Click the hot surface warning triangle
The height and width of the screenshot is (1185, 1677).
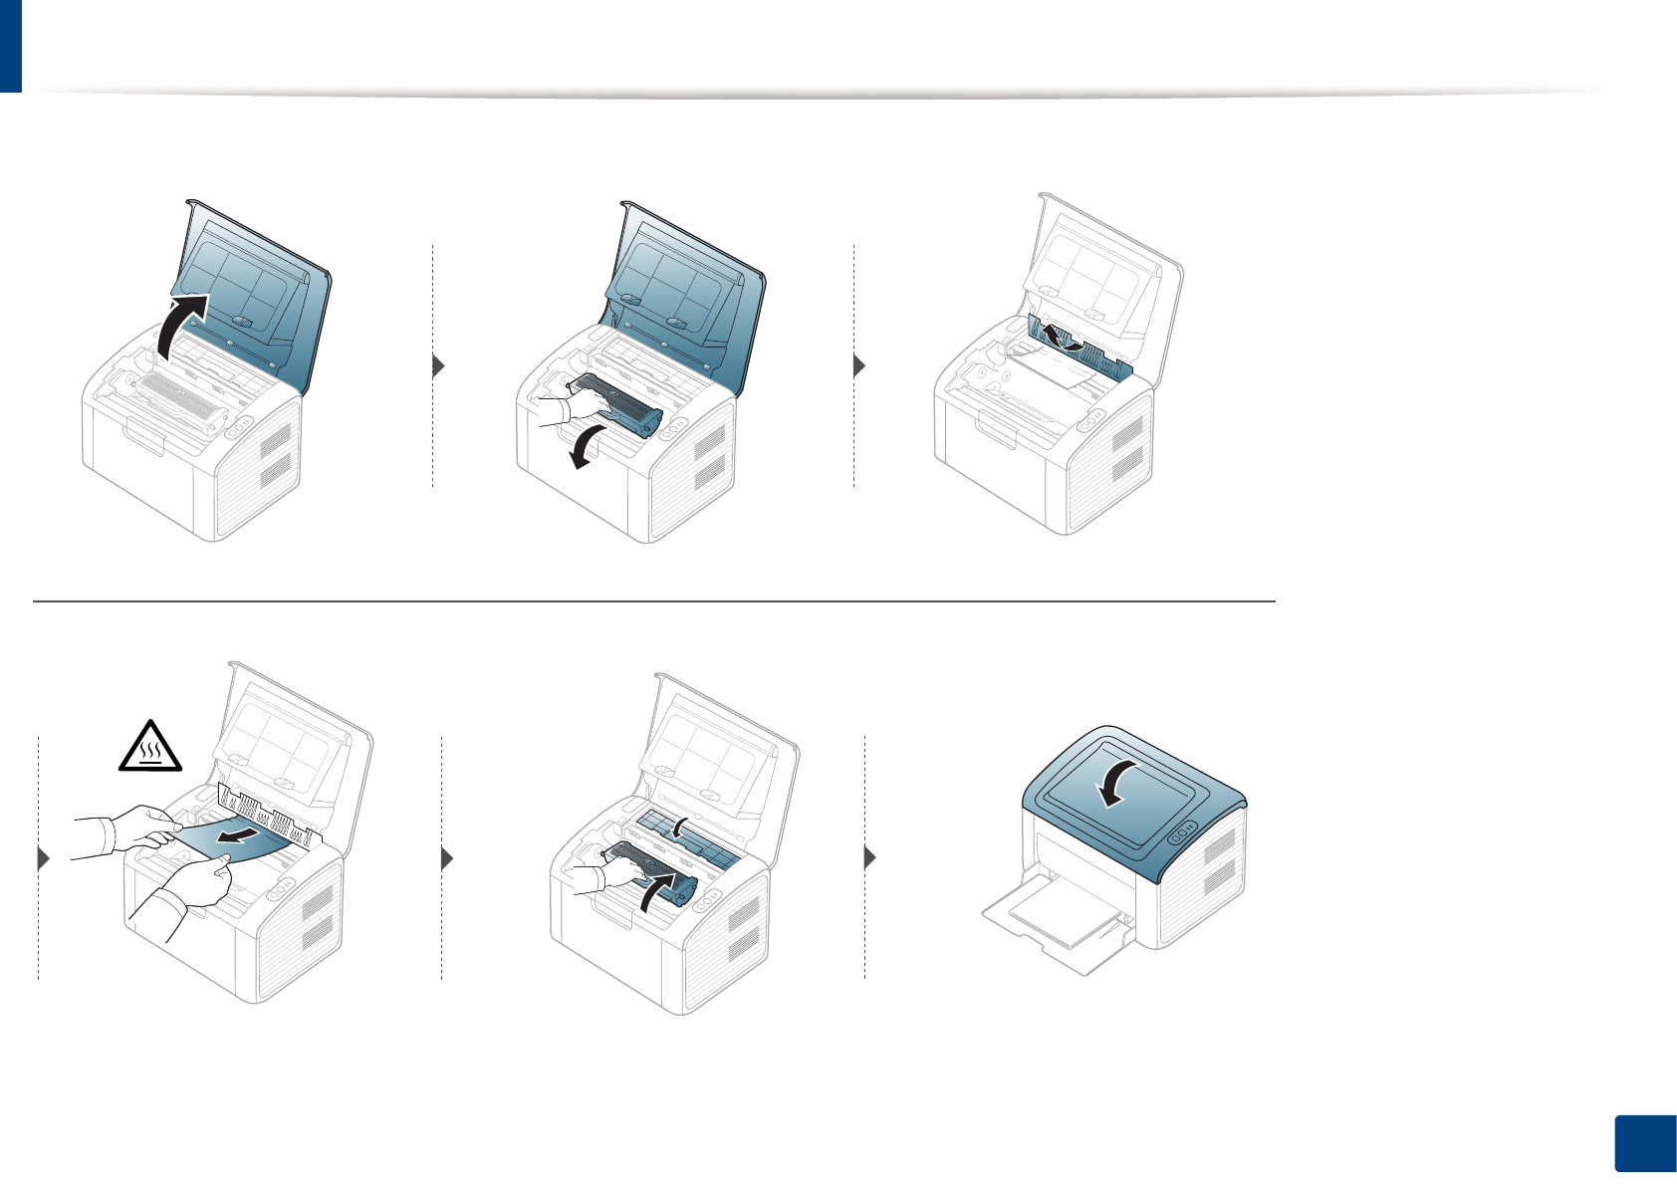150,747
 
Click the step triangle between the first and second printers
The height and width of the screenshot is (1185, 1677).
438,365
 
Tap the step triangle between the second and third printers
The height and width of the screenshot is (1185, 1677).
859,365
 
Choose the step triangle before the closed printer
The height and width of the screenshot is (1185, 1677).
870,856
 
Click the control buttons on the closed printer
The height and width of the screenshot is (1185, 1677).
1182,831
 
